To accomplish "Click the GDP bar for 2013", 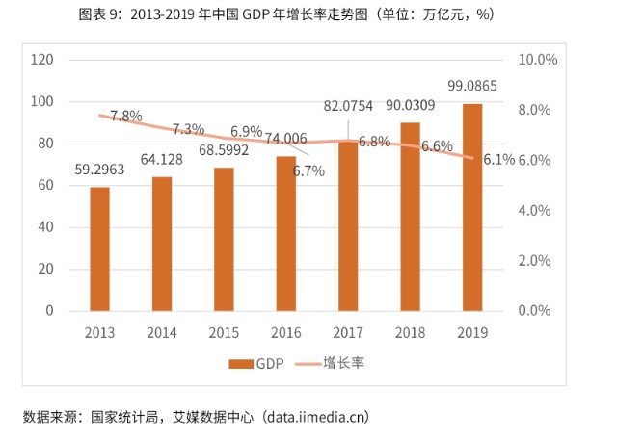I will click(99, 248).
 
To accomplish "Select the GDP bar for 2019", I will click(471, 207).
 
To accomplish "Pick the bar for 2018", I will click(410, 217).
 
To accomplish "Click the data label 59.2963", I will click(99, 170).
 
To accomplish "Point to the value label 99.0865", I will click(472, 86).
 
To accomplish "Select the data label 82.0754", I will click(348, 107).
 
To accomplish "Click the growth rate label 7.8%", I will click(126, 116).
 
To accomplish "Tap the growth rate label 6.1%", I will click(498, 160).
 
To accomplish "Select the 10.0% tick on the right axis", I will click(538, 60).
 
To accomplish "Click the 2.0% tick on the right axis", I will click(535, 261).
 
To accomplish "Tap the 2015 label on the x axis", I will click(224, 332).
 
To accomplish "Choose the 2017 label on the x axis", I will click(348, 332).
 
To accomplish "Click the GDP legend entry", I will click(256, 363).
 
